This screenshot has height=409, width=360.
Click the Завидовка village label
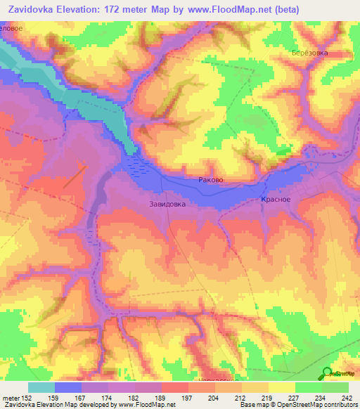167,205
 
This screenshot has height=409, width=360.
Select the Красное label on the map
276,200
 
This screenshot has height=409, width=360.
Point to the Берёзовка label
309,53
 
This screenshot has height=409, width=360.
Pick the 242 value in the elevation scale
347,398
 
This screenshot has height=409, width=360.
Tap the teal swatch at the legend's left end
41,387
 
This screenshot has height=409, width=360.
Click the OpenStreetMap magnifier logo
326,373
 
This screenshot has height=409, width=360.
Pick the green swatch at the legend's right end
335,387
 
